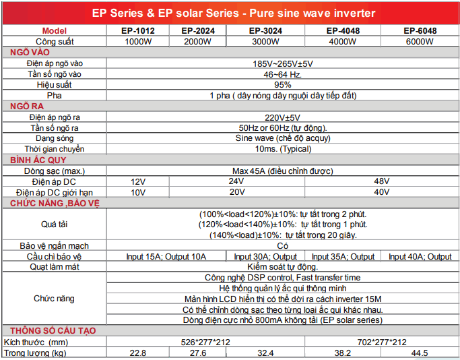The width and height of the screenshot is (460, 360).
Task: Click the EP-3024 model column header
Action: pos(264,31)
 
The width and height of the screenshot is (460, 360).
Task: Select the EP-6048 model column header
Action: pos(420,31)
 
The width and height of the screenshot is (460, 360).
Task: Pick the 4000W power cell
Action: pos(341,41)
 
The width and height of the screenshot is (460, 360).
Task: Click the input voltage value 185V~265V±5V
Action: pos(283,63)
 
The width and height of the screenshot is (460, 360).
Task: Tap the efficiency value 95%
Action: pos(283,85)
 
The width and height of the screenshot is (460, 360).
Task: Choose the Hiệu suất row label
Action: pos(55,85)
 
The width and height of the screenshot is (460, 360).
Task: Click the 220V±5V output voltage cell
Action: pos(283,117)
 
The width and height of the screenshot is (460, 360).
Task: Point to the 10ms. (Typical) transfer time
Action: pos(283,149)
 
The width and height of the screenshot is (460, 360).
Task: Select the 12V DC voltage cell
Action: pos(137,181)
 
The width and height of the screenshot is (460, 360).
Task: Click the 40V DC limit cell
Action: pos(381,192)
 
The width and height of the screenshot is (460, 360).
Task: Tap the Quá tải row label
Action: pos(55,224)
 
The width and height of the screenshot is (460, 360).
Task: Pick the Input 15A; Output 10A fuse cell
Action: pos(166,256)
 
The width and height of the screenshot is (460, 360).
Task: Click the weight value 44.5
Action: pos(420,353)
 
